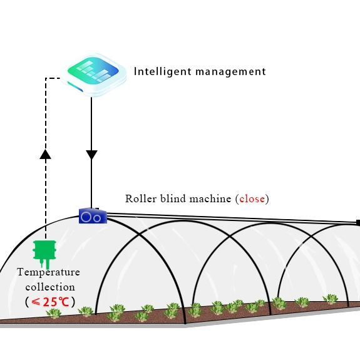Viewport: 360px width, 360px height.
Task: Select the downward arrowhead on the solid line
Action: (x=91, y=155)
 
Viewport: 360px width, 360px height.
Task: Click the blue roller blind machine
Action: (x=93, y=216)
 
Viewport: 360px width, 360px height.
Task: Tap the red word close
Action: (x=252, y=198)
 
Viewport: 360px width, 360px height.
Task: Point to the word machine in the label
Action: (x=211, y=198)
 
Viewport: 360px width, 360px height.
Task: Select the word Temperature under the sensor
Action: (x=48, y=272)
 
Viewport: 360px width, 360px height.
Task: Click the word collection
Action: (x=49, y=287)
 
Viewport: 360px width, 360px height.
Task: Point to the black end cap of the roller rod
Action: (x=358, y=223)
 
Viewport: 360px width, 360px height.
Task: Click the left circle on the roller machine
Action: (x=87, y=217)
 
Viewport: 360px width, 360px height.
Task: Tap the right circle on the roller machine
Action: (x=98, y=217)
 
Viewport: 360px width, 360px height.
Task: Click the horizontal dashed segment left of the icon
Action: (x=55, y=78)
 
